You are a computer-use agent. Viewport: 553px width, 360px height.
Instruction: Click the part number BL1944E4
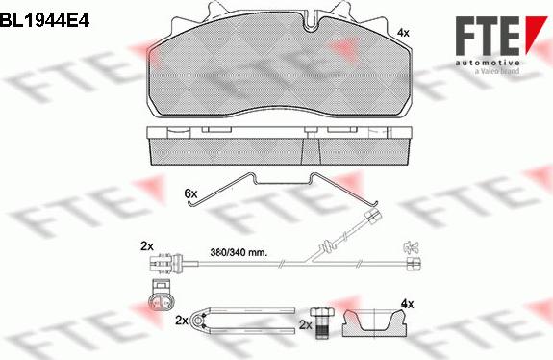pos(45,20)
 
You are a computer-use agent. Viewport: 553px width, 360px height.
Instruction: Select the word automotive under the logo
pos(488,63)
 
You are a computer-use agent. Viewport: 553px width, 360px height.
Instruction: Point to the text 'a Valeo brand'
pos(497,71)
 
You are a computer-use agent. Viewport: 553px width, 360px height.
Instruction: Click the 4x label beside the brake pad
pos(403,33)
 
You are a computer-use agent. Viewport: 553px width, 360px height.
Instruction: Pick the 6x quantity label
pos(190,193)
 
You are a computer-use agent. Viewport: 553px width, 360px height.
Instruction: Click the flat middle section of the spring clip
pos(282,183)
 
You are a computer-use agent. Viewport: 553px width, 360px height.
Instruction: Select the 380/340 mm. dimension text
pos(239,253)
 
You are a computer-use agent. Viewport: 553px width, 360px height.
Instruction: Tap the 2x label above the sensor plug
pos(147,246)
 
